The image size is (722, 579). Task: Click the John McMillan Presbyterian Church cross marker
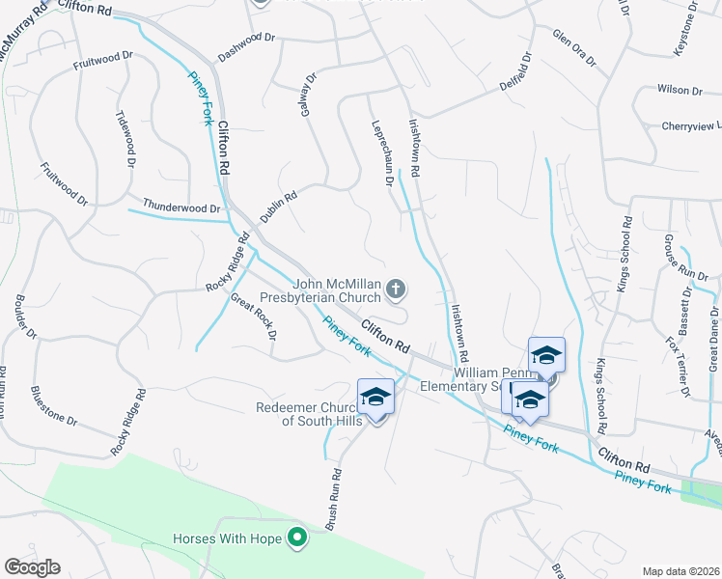coord(395,288)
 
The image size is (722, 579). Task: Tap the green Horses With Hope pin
coord(298,537)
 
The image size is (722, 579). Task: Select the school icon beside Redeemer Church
coord(375,397)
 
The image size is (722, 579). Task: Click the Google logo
coord(32,567)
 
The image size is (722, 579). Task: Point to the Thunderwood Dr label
coord(181,207)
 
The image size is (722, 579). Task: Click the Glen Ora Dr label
coord(573,47)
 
